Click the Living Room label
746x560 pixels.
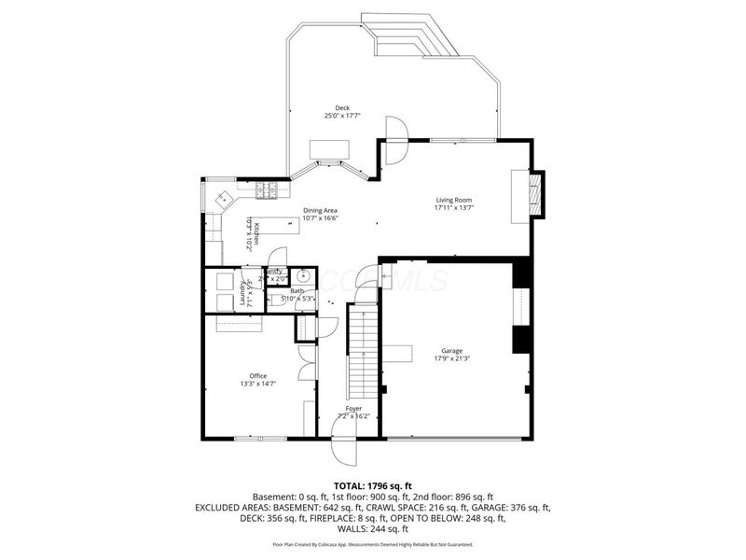pos(454,200)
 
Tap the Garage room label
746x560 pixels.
pos(452,351)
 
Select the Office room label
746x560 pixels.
pos(257,376)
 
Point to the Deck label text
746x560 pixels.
pos(342,108)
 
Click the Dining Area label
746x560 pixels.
pos(319,210)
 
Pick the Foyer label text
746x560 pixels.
pos(353,409)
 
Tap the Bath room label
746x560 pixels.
pos(297,291)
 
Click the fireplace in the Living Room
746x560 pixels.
pos(533,192)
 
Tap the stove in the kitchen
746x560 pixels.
pos(267,190)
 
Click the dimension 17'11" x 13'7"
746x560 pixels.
pos(454,208)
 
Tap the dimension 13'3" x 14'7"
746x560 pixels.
pos(257,384)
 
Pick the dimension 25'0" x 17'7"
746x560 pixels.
pos(342,116)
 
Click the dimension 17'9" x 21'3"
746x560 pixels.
pos(452,358)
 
